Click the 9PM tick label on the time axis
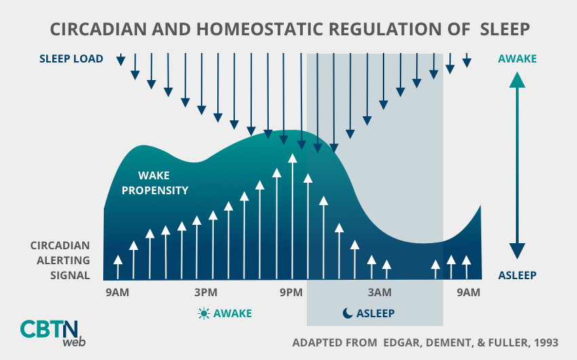pyautogui.click(x=291, y=293)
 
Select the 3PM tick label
pyautogui.click(x=205, y=293)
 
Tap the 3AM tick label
pyautogui.click(x=379, y=293)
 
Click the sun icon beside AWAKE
pyautogui.click(x=203, y=313)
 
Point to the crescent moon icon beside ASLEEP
pyautogui.click(x=347, y=313)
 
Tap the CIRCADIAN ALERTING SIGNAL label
pyautogui.click(x=60, y=260)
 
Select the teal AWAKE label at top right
pyautogui.click(x=517, y=59)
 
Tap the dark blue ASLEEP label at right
pyautogui.click(x=517, y=275)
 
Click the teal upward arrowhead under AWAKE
pyautogui.click(x=517, y=81)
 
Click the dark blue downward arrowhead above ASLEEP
pyautogui.click(x=517, y=251)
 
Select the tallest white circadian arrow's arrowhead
pyautogui.click(x=293, y=159)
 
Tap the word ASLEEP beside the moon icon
pyautogui.click(x=375, y=313)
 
